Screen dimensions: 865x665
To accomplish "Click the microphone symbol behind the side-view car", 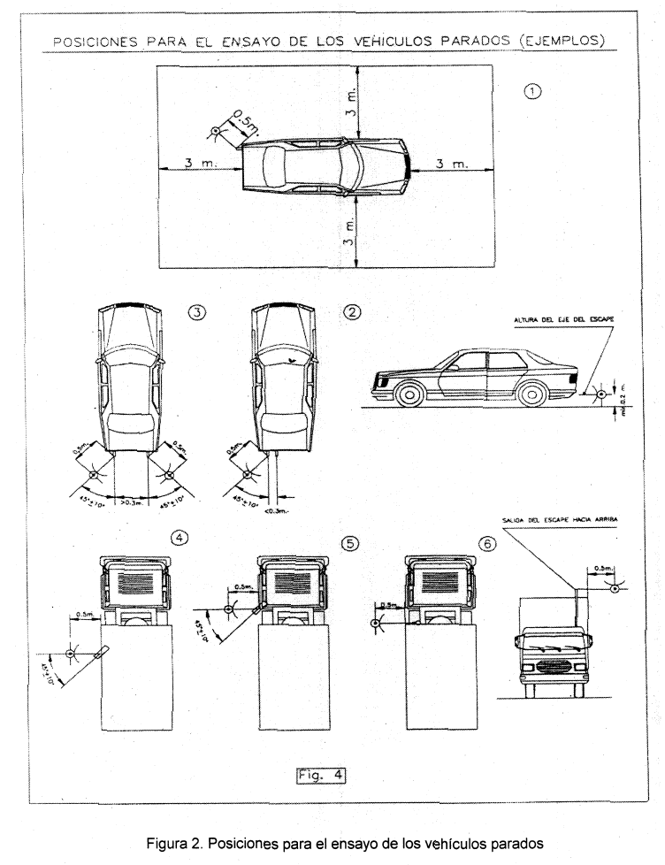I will (x=600, y=393).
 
